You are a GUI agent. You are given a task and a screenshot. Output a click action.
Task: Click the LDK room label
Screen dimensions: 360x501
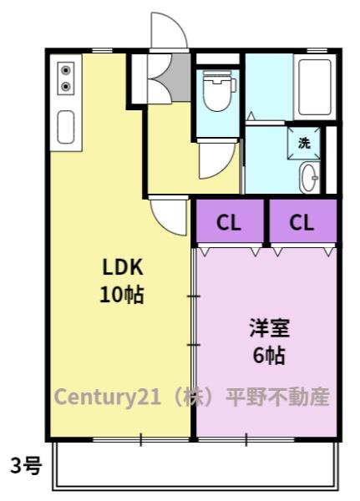coord(123,267)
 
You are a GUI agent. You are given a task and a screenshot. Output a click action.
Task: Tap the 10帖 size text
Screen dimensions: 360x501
coord(122,294)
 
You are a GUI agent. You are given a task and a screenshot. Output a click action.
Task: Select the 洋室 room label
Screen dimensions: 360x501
coord(270,328)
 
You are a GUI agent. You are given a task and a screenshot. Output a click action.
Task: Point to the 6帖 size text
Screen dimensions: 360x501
coord(269,356)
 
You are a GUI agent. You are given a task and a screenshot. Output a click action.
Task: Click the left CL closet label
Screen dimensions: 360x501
coord(229,222)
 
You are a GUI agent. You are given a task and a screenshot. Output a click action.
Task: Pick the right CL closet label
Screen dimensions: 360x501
coord(302,222)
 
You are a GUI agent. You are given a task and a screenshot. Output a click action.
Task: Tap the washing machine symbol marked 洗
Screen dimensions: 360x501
coord(304,143)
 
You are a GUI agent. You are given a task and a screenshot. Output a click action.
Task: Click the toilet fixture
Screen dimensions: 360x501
coord(218,90)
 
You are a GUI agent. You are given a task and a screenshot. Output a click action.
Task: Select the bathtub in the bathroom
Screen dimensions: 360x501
coord(315,87)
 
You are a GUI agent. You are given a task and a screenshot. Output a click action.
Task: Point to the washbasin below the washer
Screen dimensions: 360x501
coord(310,177)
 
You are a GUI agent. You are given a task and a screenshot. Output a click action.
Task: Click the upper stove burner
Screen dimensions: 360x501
coord(66,70)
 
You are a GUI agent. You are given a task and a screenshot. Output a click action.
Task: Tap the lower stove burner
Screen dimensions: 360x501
coord(66,86)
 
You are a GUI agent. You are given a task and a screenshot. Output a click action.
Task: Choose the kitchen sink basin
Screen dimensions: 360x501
coord(66,127)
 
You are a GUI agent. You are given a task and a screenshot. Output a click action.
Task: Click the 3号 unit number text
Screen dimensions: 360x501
coord(26,466)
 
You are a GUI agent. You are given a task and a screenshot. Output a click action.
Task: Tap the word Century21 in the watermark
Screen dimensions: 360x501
coord(107,397)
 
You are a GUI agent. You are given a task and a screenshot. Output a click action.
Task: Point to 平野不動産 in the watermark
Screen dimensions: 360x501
coord(277,397)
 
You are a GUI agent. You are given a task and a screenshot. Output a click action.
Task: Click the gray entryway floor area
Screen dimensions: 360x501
coord(181,78)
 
